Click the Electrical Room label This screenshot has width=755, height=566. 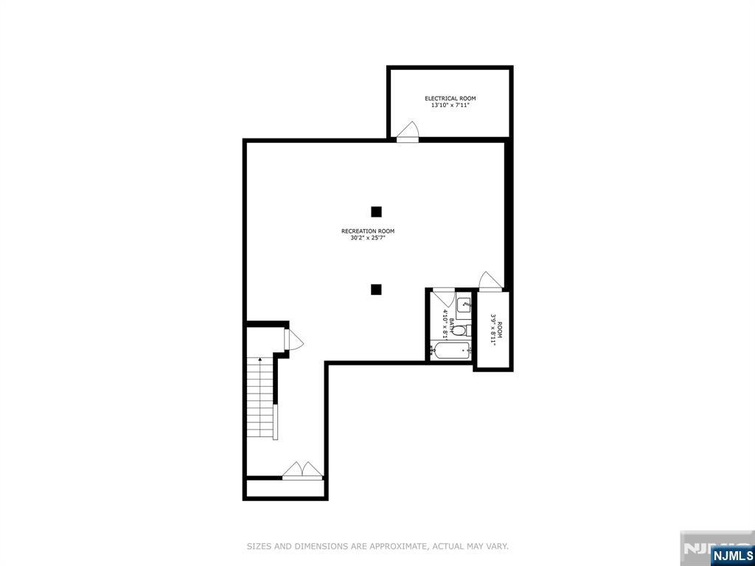click(450, 98)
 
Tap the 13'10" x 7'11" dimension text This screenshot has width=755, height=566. click(450, 105)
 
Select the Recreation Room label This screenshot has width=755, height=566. click(368, 231)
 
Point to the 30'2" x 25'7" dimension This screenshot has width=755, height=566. click(368, 238)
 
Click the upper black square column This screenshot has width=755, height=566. click(376, 212)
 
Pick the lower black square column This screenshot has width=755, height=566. click(376, 290)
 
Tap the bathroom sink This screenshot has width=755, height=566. click(465, 303)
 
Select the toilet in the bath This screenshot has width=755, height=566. click(459, 330)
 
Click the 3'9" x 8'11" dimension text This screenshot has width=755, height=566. click(493, 329)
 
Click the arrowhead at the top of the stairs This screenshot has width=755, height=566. click(260, 360)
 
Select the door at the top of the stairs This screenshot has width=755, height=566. click(294, 340)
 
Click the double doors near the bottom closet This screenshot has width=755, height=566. click(302, 470)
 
